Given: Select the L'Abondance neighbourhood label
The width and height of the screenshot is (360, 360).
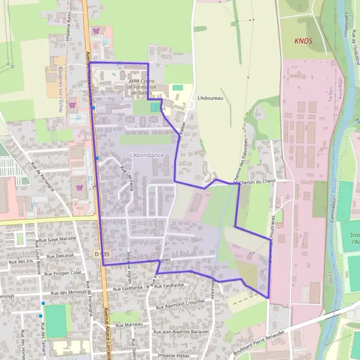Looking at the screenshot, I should click(x=146, y=155).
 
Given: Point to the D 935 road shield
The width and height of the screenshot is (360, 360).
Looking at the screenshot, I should click(x=102, y=254).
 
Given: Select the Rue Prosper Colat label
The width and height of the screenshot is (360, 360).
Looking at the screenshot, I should click(x=62, y=272).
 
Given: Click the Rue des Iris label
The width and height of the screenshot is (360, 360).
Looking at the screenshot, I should click(x=20, y=262).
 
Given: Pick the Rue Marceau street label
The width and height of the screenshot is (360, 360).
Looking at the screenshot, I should click(x=128, y=325).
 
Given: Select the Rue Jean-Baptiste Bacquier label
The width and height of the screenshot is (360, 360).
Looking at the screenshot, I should click(x=182, y=331).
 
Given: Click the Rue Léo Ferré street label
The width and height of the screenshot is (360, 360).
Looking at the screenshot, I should click(x=127, y=175).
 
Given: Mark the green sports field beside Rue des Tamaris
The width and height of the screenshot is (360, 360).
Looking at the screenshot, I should click(x=56, y=321).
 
